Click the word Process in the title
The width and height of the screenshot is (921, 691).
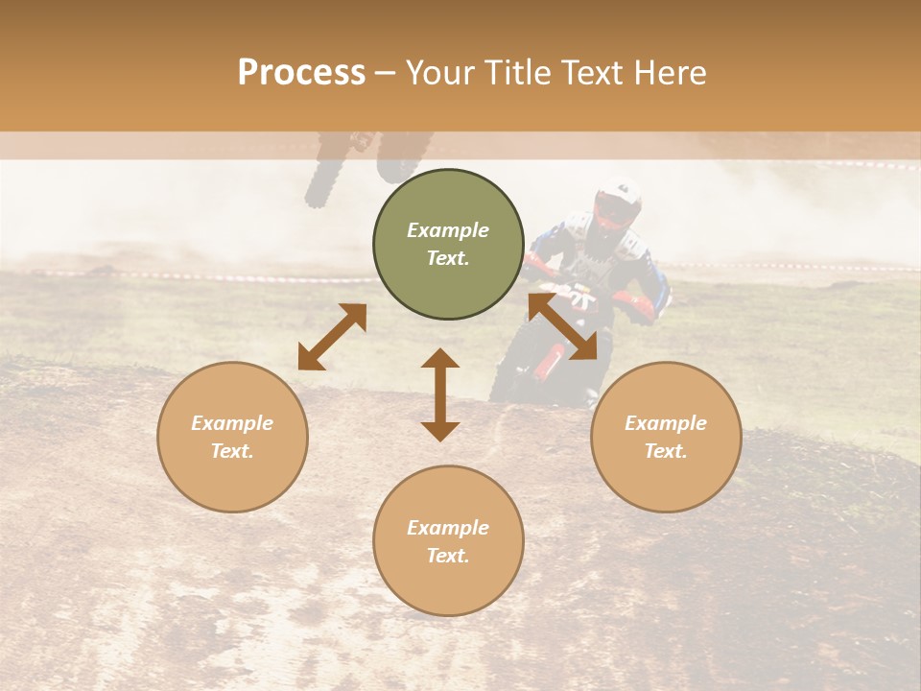point(301,73)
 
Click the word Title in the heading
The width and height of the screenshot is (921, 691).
point(519,73)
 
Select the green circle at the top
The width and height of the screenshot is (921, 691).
point(448,244)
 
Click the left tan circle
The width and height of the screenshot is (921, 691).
point(232,437)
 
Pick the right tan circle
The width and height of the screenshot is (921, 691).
point(666,437)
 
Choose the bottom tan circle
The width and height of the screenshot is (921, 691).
point(448,540)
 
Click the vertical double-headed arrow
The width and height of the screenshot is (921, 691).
point(440,394)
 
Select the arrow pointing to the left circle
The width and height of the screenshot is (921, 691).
point(332,337)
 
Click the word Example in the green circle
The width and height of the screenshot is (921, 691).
point(448,230)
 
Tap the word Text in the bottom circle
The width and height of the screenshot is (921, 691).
point(448,556)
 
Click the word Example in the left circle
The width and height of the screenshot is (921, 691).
point(232,423)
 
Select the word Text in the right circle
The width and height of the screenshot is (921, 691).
point(666,451)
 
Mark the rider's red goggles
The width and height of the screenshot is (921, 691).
point(609,208)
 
